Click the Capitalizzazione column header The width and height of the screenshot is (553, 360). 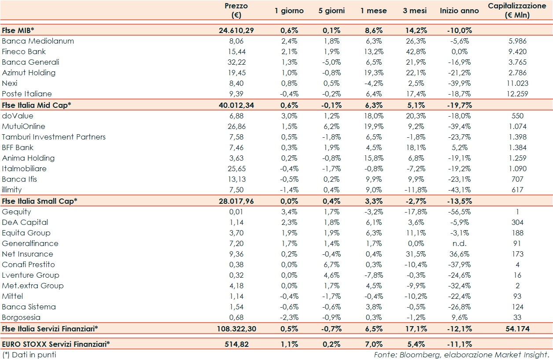click(517, 11)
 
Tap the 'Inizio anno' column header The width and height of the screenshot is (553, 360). click(459, 11)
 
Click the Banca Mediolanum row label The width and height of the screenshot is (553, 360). click(38, 41)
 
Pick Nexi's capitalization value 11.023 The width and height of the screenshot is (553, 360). click(517, 83)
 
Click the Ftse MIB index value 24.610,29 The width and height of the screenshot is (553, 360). click(236, 30)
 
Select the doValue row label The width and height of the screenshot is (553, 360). click(18, 116)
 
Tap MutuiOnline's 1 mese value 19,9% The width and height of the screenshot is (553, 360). click(372, 126)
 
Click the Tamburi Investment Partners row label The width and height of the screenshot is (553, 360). click(54, 137)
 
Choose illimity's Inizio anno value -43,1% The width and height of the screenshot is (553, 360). click(460, 190)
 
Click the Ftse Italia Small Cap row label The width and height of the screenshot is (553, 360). click(40, 201)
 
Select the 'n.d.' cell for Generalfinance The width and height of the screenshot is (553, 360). click(460, 243)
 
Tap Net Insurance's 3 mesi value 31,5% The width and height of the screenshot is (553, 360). click(414, 254)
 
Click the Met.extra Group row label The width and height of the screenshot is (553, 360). click(33, 286)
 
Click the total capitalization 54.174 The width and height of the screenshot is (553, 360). click(517, 329)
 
